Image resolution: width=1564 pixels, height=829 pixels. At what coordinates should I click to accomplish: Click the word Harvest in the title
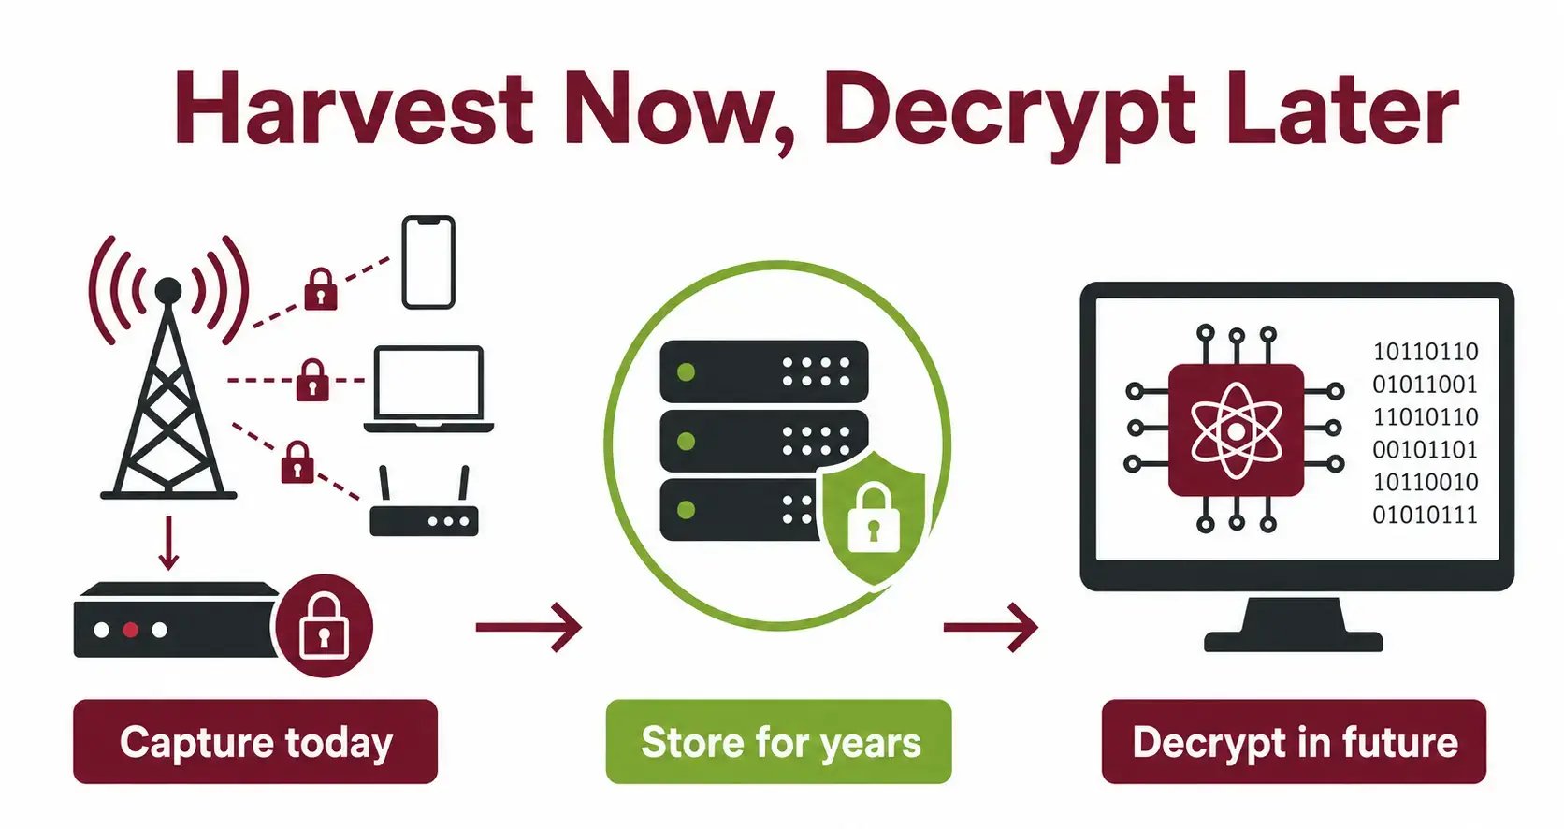(x=354, y=109)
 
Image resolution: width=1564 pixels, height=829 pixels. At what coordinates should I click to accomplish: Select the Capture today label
(x=255, y=742)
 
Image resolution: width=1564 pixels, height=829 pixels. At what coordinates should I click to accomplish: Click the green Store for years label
(x=779, y=742)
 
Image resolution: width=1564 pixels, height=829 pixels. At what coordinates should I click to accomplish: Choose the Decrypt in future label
(x=1294, y=742)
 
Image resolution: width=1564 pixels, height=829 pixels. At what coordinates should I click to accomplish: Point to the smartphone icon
(x=428, y=263)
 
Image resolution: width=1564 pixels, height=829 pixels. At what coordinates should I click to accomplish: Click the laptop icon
(x=428, y=388)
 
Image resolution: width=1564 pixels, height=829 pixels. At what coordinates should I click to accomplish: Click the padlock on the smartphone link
(x=321, y=289)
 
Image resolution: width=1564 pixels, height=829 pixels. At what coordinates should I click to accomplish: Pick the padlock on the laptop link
(x=312, y=380)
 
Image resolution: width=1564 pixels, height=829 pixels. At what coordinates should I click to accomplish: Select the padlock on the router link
(x=297, y=461)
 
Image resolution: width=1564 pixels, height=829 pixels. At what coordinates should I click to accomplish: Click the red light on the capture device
(x=131, y=630)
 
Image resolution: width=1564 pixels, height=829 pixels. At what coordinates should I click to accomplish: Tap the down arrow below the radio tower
(x=168, y=544)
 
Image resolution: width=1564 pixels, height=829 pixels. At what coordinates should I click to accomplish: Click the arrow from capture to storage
(x=529, y=627)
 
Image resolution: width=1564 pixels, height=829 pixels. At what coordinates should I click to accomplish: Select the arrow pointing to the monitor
(x=991, y=627)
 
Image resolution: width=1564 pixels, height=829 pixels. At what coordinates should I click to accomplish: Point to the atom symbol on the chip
(x=1236, y=431)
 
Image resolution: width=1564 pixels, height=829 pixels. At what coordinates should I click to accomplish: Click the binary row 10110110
(x=1425, y=351)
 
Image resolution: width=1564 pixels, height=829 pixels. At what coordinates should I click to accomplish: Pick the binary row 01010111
(x=1425, y=516)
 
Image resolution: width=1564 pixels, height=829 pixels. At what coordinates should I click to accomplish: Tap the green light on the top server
(x=687, y=372)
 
